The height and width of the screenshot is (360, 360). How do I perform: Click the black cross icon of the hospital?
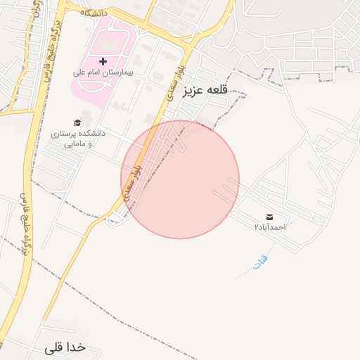[x=103, y=62]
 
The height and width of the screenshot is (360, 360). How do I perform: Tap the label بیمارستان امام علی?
[x=103, y=72]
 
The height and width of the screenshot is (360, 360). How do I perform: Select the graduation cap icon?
[x=77, y=122]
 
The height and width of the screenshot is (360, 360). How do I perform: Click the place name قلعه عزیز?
[x=207, y=91]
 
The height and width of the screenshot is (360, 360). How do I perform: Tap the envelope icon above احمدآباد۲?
[x=270, y=217]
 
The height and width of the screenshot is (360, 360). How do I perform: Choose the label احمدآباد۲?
[x=270, y=227]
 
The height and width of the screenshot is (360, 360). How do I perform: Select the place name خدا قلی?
[x=65, y=347]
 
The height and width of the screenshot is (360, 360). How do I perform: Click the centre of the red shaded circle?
[x=180, y=179]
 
